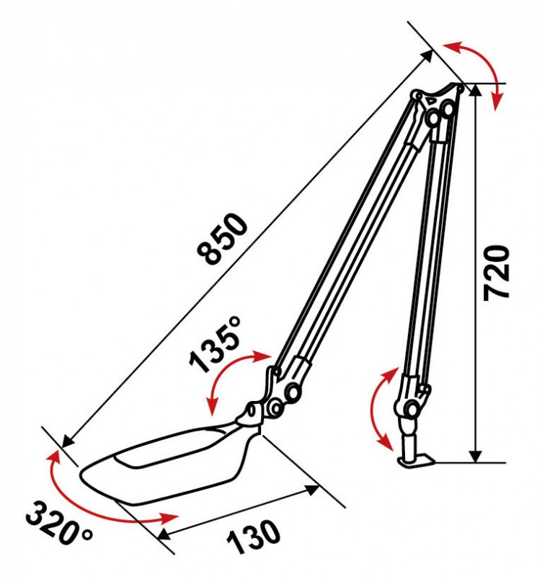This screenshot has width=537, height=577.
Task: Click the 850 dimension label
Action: point(222,238)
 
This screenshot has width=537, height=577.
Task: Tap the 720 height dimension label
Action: point(497,273)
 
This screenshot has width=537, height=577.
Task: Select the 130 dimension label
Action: point(254,537)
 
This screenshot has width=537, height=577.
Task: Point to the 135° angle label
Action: point(216,344)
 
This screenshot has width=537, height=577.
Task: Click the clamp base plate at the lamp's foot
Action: point(417,461)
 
